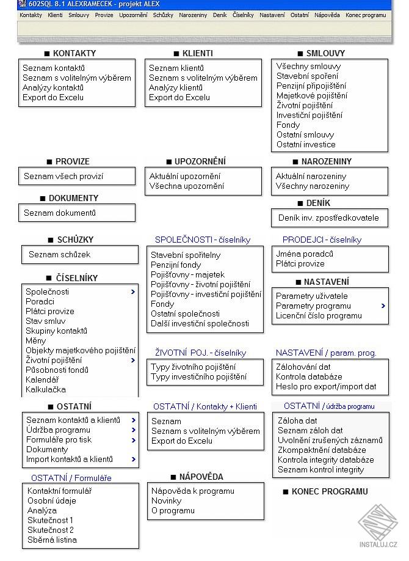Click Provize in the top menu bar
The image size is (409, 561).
[104, 15]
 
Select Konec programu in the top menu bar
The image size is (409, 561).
[365, 15]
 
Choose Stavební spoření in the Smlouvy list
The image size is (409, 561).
[307, 76]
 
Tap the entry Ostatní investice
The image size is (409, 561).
[306, 144]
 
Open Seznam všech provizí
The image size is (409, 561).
[63, 176]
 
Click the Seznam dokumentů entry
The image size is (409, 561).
[60, 213]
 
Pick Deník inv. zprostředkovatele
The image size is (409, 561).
[327, 218]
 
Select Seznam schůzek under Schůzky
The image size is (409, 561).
[59, 254]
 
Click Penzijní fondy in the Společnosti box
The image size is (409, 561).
[176, 265]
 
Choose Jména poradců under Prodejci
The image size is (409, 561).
[305, 254]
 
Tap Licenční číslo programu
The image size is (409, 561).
[319, 315]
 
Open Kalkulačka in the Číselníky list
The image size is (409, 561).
[46, 389]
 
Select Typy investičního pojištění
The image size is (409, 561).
[198, 377]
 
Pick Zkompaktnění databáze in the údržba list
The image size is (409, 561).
[322, 450]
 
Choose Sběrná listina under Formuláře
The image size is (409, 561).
[52, 540]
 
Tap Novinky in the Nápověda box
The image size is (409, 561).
[166, 501]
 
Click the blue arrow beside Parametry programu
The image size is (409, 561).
[383, 306]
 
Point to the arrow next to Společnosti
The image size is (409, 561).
[132, 291]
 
